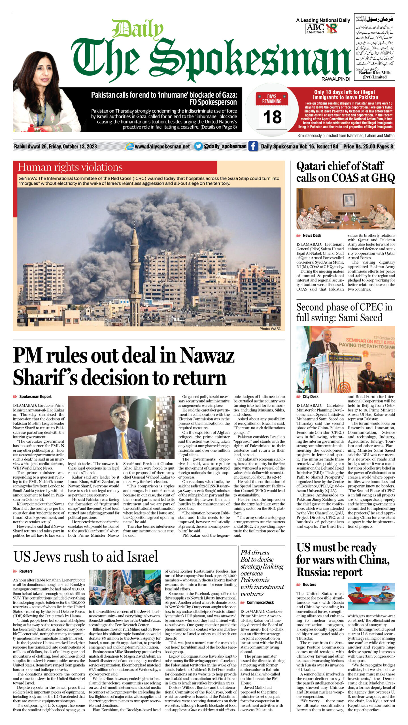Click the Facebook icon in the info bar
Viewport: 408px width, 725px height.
(253, 146)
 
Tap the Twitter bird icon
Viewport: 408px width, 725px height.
(199, 146)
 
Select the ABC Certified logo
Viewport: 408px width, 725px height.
(315, 29)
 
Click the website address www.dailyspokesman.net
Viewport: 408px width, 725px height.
(162, 146)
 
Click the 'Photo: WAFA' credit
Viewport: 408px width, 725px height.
(270, 329)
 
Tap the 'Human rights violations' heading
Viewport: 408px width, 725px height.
(70, 167)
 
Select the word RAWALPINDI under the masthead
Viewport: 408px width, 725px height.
(336, 79)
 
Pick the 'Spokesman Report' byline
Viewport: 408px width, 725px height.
(35, 397)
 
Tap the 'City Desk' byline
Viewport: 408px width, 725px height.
(310, 397)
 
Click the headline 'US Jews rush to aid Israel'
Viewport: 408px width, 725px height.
(86, 556)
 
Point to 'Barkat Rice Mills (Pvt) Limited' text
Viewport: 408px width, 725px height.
(374, 75)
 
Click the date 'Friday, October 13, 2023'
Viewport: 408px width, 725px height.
(73, 146)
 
